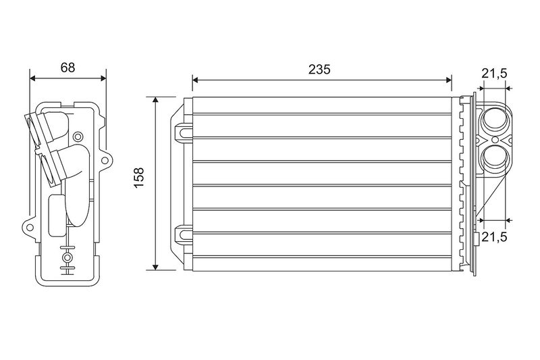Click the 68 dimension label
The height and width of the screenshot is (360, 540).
[67, 68]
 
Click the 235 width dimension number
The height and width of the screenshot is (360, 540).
[319, 70]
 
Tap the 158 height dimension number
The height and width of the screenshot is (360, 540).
[139, 178]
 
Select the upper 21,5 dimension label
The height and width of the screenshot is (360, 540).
[494, 74]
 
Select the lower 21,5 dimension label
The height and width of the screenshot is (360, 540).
[494, 236]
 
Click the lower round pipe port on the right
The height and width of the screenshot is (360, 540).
[495, 159]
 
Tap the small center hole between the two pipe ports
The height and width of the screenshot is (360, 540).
[495, 140]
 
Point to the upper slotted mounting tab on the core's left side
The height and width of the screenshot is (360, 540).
[184, 132]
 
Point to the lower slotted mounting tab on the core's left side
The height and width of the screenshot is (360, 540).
[184, 235]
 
